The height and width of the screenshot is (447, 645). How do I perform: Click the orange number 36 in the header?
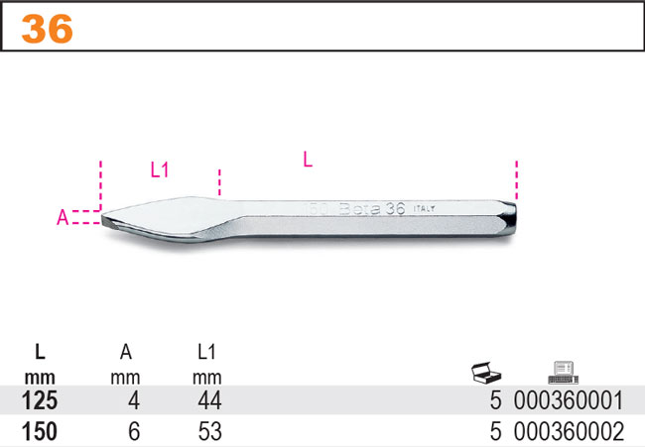(x=48, y=29)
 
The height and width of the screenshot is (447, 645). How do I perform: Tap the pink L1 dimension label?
(x=160, y=169)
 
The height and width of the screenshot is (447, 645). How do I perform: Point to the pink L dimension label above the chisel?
(x=308, y=159)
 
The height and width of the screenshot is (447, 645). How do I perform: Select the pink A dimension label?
(x=63, y=217)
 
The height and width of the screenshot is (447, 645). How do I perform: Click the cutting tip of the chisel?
(x=103, y=218)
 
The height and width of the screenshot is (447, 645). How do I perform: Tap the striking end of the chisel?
(x=514, y=218)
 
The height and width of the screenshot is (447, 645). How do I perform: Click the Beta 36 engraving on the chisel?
(x=372, y=209)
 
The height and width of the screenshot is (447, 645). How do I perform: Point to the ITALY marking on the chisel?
(x=424, y=209)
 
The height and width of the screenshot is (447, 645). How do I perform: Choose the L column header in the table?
(x=40, y=352)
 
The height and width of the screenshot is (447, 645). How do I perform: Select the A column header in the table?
(x=125, y=352)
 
